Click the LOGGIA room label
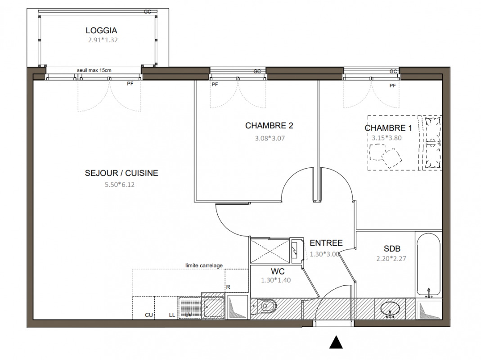(101, 31)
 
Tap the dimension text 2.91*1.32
(103, 40)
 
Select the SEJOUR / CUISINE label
(121, 173)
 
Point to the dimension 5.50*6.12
(120, 184)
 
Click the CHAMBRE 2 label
(269, 126)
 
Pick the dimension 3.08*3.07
(270, 139)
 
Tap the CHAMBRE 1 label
(388, 128)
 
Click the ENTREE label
(326, 243)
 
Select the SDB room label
(392, 248)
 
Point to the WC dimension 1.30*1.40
(276, 280)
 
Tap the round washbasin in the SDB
(390, 309)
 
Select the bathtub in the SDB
(428, 264)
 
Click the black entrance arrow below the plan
(336, 342)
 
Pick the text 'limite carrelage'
(204, 265)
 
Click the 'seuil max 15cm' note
(94, 70)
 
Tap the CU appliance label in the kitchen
(149, 315)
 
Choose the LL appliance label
(172, 315)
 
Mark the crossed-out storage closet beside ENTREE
(270, 251)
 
